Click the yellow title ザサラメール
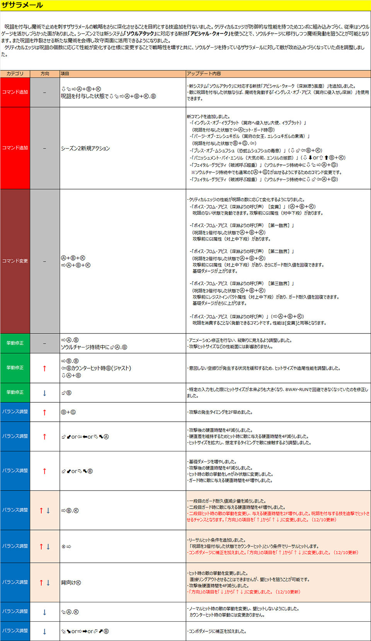pos(22,5)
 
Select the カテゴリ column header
pos(15,74)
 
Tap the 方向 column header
pos(45,74)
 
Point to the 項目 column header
pos(65,74)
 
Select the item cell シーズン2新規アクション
pos(85,148)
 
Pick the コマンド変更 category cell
pos(15,261)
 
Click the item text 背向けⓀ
pos(71,583)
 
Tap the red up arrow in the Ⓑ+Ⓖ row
pos(44,412)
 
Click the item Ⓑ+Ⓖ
pos(68,412)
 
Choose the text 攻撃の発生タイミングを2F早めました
pos(220,412)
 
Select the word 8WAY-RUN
pos(297,390)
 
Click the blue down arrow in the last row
pos(44,631)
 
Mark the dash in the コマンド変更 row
pos(44,261)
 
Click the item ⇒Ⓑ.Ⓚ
pos(70,511)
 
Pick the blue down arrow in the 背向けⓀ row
pos(48,583)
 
